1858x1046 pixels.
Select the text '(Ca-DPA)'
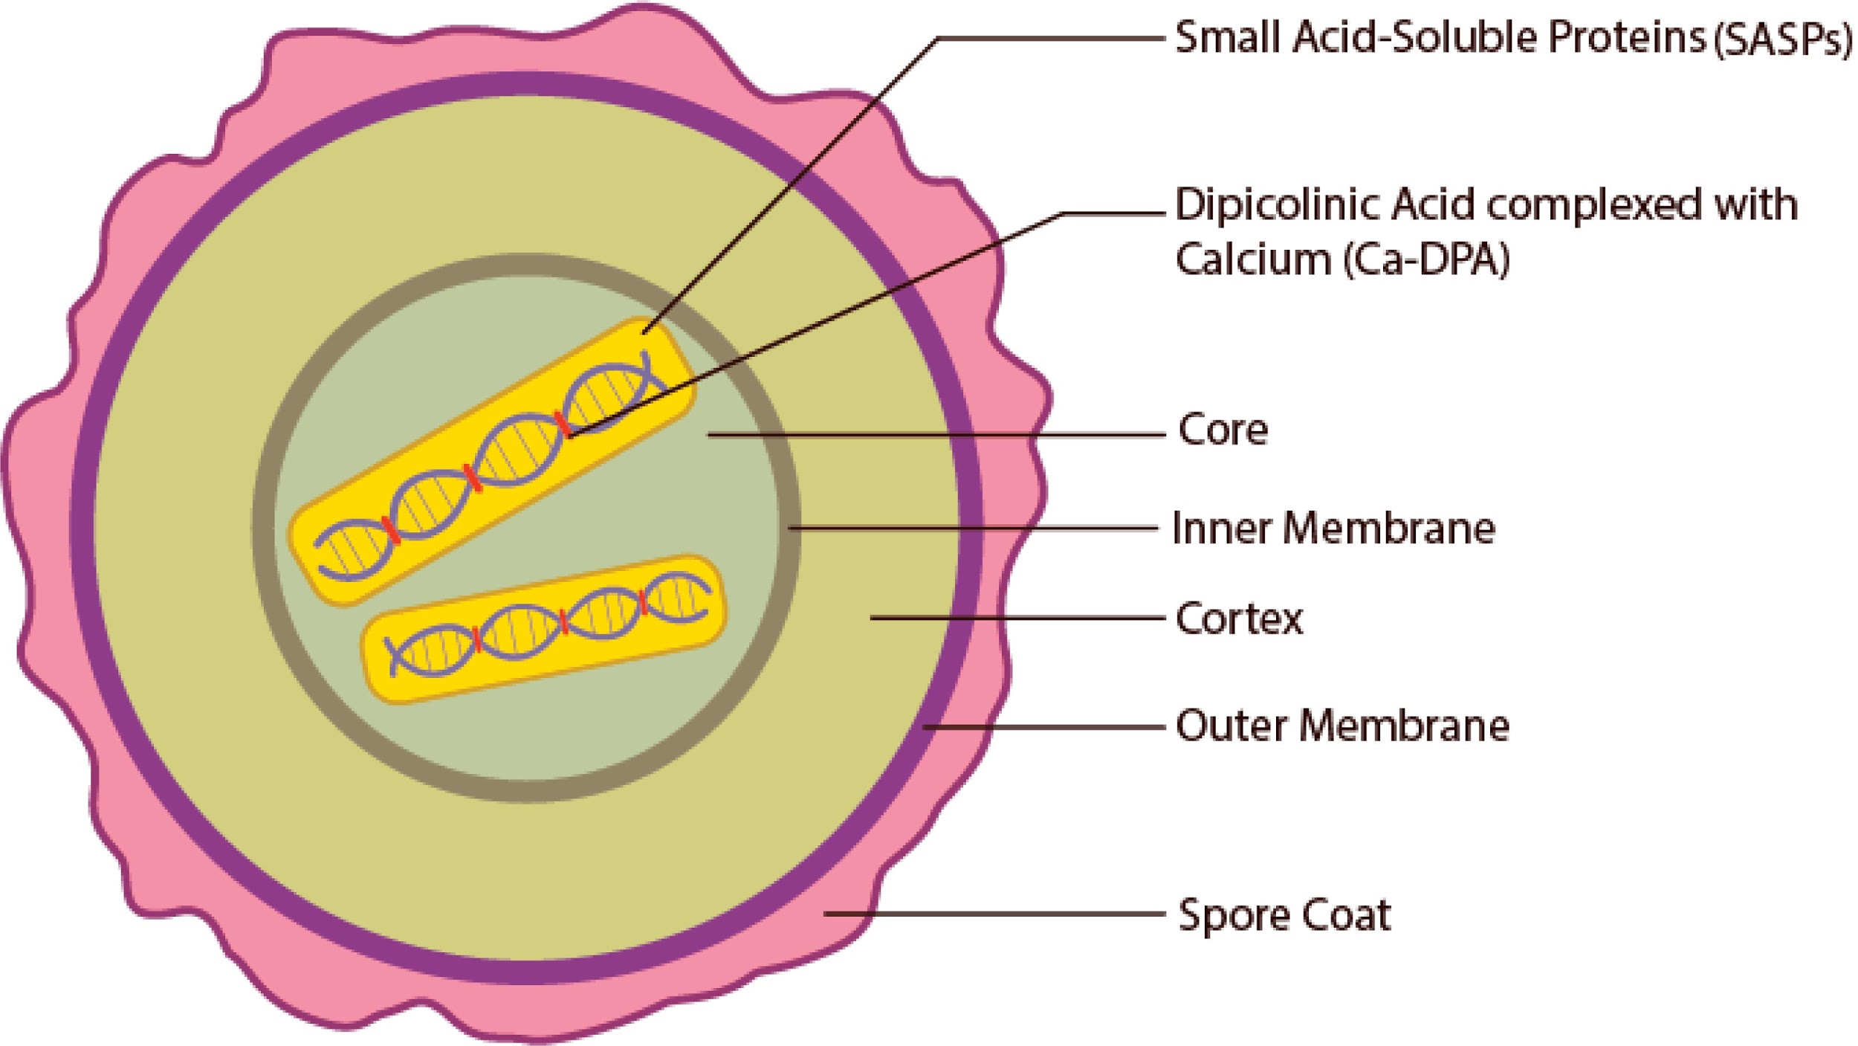(1427, 260)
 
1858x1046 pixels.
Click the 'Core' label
(1223, 430)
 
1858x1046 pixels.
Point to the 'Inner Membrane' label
(1333, 529)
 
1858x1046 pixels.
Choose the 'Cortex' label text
(1239, 619)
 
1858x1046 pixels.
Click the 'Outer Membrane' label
(1341, 726)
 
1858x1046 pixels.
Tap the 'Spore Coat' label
(1284, 915)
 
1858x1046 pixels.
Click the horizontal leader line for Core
(936, 435)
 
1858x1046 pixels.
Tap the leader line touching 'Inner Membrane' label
(974, 529)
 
